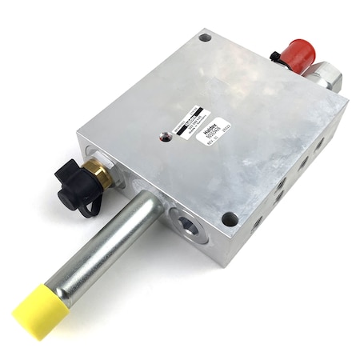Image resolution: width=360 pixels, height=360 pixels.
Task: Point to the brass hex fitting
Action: (98, 170)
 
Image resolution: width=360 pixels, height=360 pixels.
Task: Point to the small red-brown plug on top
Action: (165, 136)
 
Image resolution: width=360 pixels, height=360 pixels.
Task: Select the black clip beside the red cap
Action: (276, 58)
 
